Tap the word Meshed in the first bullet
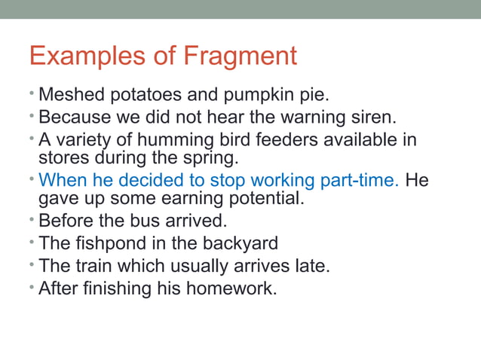click(x=69, y=96)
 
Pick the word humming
click(x=191, y=140)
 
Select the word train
click(x=94, y=265)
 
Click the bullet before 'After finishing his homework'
click(x=32, y=287)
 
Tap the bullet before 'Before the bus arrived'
click(x=32, y=221)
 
